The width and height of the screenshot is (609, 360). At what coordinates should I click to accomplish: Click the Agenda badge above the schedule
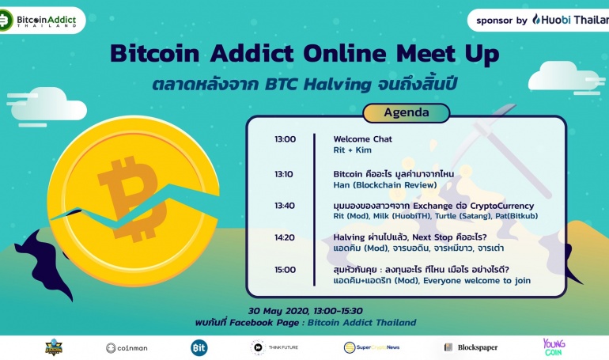[407, 112]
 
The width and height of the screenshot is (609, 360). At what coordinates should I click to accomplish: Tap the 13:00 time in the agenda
[285, 139]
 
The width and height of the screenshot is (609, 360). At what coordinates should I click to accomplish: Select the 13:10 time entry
[284, 174]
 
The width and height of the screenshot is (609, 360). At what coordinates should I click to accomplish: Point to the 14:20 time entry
[285, 237]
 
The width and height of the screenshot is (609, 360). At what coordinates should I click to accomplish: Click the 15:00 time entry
[285, 270]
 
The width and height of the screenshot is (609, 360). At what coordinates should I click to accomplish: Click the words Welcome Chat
[363, 139]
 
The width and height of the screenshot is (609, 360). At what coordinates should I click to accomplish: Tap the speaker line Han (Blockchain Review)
[385, 185]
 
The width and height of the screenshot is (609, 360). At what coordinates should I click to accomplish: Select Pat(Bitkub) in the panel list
[516, 216]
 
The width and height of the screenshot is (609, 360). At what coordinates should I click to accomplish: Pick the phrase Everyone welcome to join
[477, 281]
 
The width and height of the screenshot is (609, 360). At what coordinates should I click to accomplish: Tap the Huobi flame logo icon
[536, 20]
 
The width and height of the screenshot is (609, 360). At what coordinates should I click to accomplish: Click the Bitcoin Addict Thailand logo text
[47, 21]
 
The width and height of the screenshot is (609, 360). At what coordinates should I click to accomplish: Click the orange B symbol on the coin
[132, 199]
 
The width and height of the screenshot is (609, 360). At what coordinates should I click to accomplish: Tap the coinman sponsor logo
[127, 348]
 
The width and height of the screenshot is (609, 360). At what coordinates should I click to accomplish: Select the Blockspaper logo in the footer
[471, 347]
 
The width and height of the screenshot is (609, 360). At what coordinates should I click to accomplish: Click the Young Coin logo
[554, 347]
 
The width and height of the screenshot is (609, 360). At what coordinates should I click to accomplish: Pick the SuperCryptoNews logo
[372, 347]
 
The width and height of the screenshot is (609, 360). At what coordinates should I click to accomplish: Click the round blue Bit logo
[199, 348]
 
